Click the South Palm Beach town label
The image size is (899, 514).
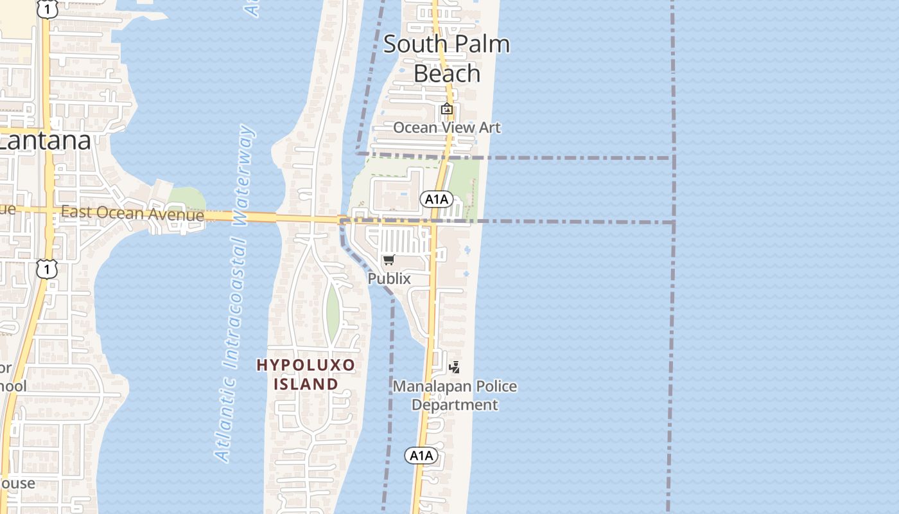[447, 58]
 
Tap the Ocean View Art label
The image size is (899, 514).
[447, 127]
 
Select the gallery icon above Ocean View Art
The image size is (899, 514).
[446, 109]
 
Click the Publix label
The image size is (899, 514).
[389, 278]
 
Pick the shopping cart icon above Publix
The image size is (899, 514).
[388, 260]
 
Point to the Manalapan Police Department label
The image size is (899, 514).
[455, 395]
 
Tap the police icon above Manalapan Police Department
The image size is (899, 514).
[455, 368]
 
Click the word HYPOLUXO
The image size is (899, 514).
[306, 365]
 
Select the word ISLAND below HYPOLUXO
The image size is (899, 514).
[306, 384]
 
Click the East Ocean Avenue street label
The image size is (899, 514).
[132, 213]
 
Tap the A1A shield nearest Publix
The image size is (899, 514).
[435, 199]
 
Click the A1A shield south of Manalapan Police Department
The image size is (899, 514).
[421, 456]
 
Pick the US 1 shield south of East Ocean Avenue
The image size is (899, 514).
[46, 269]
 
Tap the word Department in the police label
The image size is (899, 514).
[455, 405]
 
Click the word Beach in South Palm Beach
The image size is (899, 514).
[447, 73]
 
